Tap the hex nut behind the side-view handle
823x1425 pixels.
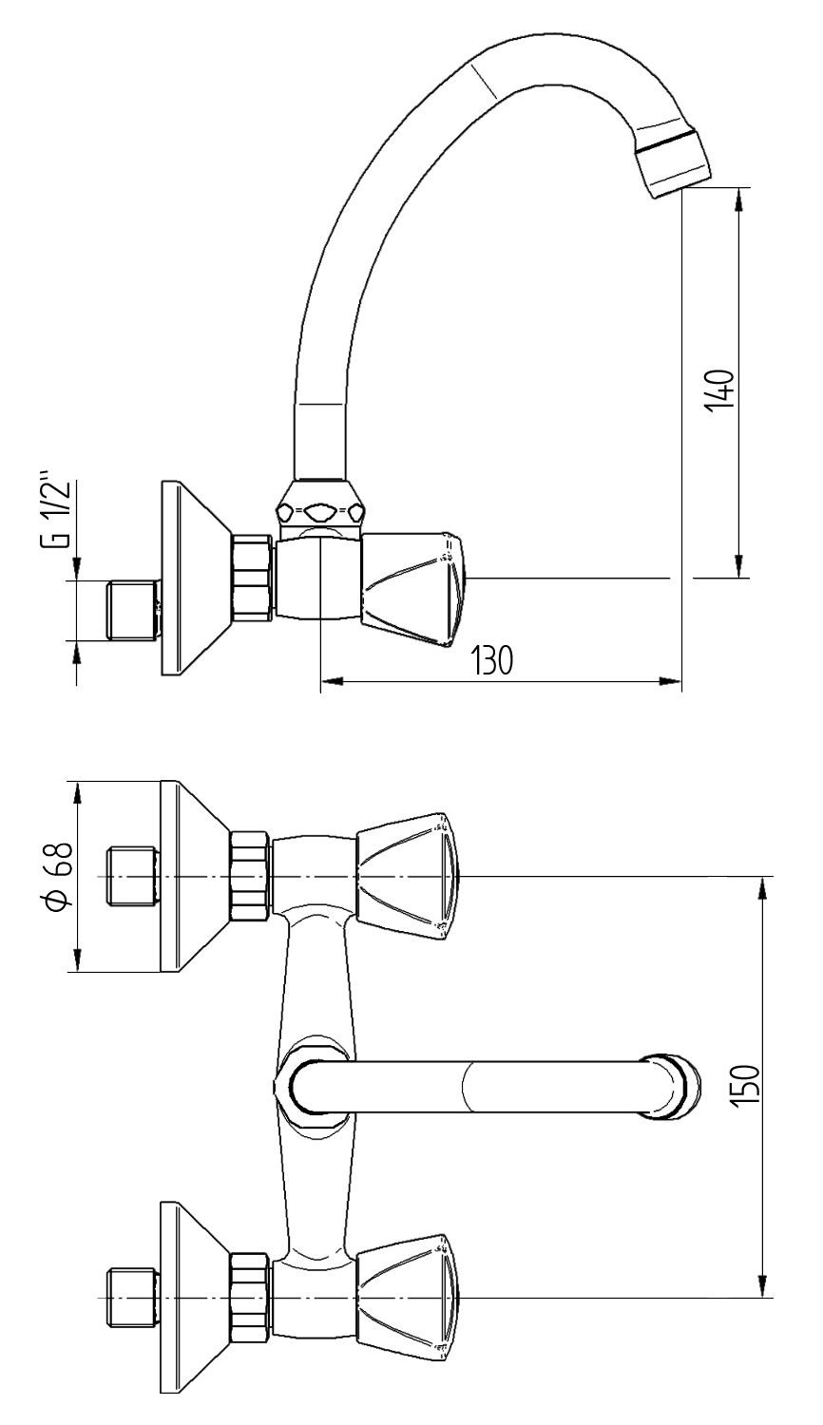253,579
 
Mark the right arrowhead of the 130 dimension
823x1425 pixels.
675,680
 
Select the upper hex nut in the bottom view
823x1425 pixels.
251,876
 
